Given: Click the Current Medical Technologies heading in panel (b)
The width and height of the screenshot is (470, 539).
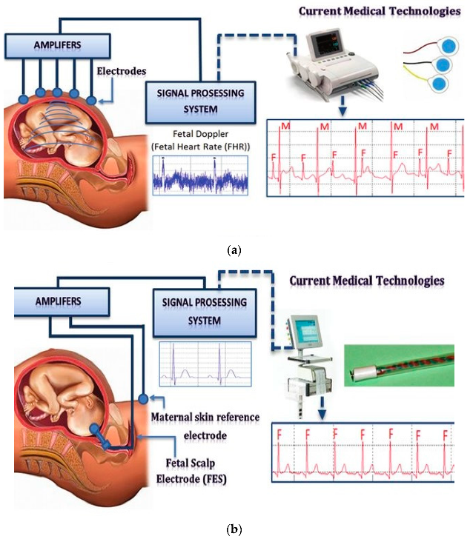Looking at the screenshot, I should click(367, 281).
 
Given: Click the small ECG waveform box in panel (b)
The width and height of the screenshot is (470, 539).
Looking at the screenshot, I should click(206, 364).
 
